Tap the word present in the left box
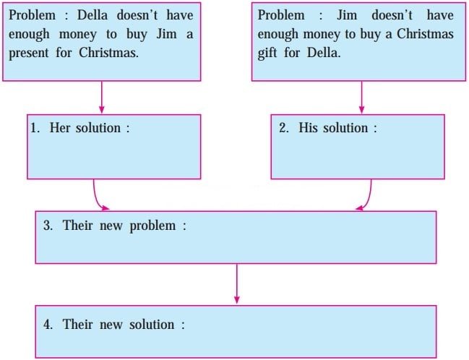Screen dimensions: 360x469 [x=33, y=53]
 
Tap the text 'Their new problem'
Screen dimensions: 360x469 [x=120, y=226]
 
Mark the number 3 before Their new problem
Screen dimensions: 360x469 [x=47, y=226]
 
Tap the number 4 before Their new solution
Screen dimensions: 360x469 [x=47, y=325]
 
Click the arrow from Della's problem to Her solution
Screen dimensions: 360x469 [x=101, y=97]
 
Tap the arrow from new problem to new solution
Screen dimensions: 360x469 [x=236, y=283]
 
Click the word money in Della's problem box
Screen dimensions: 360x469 [x=74, y=34]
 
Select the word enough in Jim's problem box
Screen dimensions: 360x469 [x=277, y=34]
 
